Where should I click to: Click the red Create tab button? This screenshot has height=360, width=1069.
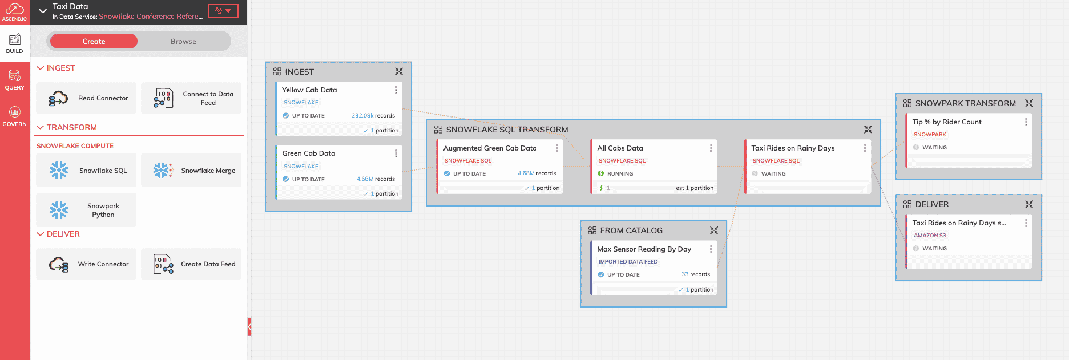[94, 41]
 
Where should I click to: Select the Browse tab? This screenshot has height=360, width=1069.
[183, 41]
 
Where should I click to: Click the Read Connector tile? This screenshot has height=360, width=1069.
[86, 98]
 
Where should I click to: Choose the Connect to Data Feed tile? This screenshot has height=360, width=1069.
[191, 98]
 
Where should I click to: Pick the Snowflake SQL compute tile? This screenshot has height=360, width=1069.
[86, 170]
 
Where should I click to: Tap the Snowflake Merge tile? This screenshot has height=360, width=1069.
[191, 170]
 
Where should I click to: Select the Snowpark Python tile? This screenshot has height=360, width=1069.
[86, 210]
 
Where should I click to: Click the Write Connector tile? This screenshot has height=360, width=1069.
[86, 264]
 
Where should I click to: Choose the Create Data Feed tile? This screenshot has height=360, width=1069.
[191, 264]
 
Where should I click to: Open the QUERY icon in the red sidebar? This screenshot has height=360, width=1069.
[15, 80]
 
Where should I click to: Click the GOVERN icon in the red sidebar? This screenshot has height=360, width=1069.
[15, 116]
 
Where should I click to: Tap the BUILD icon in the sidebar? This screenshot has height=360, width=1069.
[15, 43]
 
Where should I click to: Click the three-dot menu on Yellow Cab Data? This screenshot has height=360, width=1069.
[396, 90]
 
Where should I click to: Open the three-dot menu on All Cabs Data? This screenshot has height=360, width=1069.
[711, 148]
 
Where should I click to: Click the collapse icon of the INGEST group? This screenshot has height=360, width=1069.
[399, 71]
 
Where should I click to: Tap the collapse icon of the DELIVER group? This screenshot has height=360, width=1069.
[1029, 204]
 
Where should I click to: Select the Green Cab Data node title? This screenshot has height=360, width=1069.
[309, 153]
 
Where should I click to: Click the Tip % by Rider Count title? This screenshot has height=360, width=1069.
[947, 122]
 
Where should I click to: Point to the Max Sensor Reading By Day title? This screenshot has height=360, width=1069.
[644, 249]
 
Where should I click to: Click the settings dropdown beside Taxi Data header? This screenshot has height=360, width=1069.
[223, 11]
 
